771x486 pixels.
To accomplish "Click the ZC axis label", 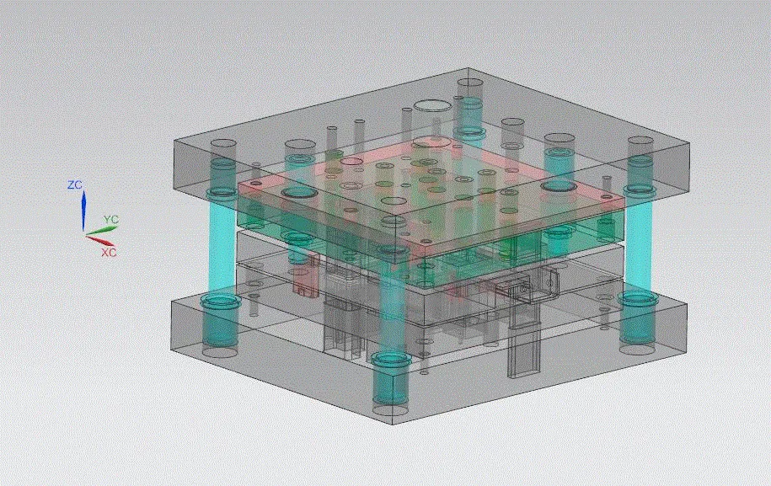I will (75, 184).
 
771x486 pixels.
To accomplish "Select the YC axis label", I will (110, 220).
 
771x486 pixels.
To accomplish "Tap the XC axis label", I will (109, 252).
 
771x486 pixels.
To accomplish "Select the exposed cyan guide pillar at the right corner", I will (640, 244).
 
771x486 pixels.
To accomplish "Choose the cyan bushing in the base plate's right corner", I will (636, 320).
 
